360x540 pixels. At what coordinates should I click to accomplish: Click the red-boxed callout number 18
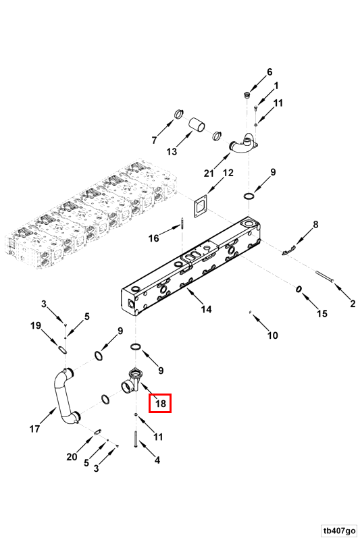point(160,403)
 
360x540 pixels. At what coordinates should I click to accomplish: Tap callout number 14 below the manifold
point(206,309)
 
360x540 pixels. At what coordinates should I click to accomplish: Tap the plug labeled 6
point(247,95)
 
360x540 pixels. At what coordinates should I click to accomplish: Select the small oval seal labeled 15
point(299,290)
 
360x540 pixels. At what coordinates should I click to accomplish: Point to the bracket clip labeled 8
point(288,250)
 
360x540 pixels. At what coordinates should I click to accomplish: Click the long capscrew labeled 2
point(324,277)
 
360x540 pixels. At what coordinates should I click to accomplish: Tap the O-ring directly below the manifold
point(135,346)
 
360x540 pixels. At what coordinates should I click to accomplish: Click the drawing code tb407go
point(339,530)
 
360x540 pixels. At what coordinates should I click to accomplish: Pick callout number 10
point(272,335)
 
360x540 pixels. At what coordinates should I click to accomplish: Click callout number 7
point(155,140)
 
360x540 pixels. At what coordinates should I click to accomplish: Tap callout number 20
point(72,457)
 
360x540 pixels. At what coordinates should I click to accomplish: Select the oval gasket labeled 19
point(62,350)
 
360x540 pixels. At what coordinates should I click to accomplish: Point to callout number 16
point(153,238)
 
